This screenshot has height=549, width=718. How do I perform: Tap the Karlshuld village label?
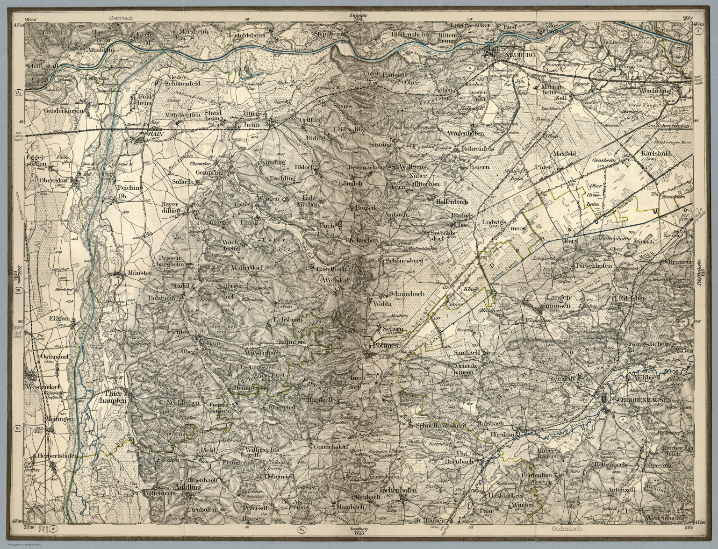654,153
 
